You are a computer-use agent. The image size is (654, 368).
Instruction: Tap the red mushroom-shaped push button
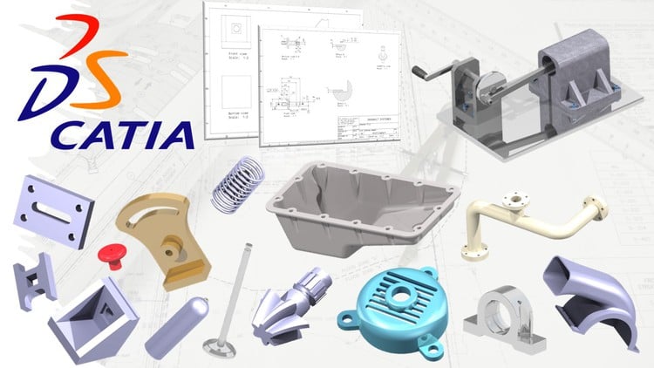coord(111,254)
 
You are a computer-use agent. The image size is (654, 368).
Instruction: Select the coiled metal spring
coord(237,184)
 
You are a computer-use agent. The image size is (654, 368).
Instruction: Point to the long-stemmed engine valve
coord(228,296)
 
